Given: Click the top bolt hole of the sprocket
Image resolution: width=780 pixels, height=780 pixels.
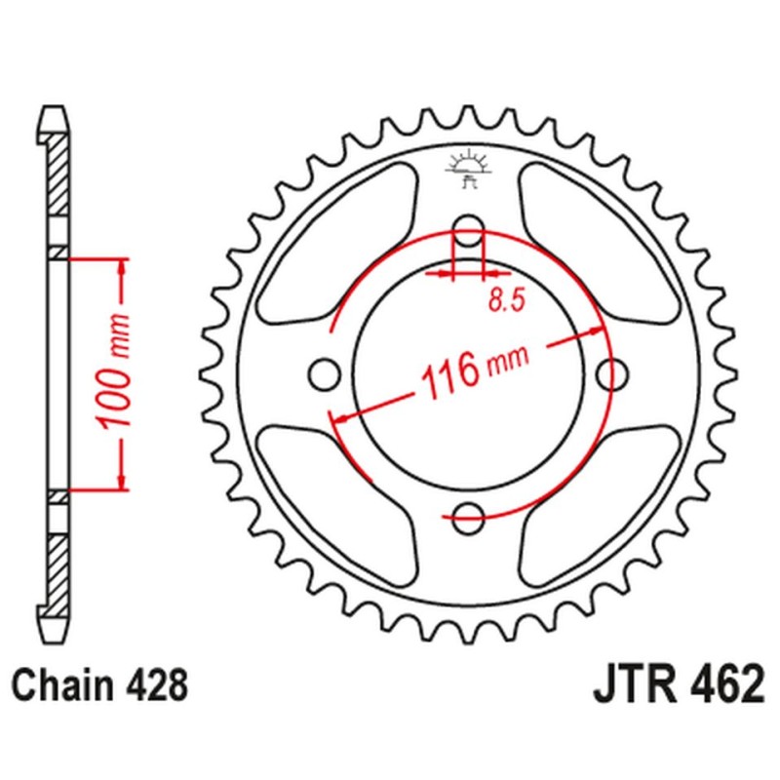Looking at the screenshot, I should [469, 230].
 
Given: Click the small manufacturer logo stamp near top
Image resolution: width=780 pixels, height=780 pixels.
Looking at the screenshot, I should [469, 167].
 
